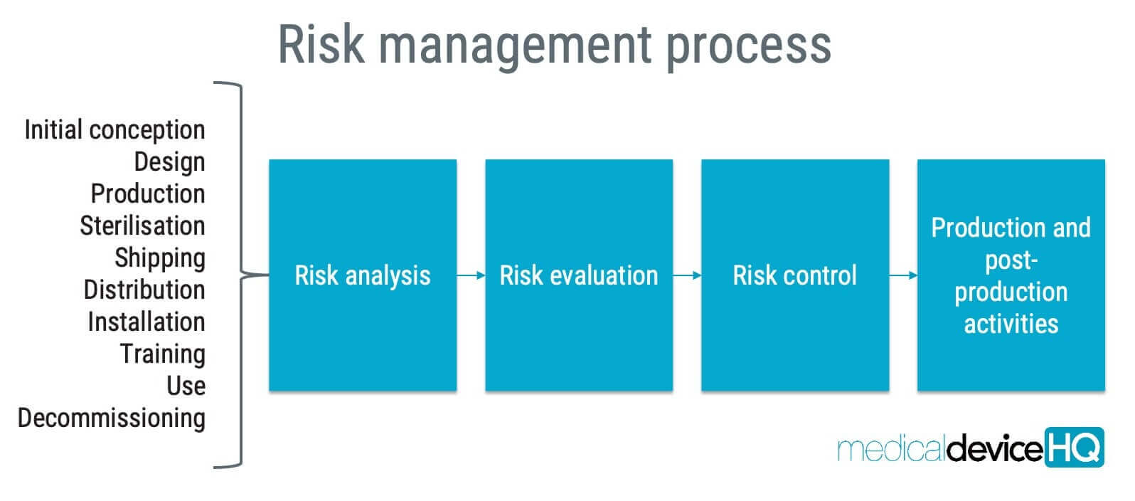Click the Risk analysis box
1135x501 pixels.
[363, 275]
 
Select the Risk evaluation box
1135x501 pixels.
[579, 275]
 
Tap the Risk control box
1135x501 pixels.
[795, 275]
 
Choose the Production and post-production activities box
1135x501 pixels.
[1011, 275]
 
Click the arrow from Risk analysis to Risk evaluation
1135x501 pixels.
[471, 275]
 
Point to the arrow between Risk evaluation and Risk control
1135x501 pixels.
[687, 275]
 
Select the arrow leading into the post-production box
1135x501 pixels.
[903, 275]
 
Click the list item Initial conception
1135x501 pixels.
[114, 130]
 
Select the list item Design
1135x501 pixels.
[169, 162]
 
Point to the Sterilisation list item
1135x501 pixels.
[142, 226]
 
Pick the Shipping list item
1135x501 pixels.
[160, 258]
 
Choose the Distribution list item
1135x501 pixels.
[144, 290]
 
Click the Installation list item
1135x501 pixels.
[146, 322]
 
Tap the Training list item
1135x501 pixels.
[162, 354]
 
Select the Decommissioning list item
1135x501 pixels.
[112, 418]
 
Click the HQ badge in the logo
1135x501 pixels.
[1074, 447]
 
